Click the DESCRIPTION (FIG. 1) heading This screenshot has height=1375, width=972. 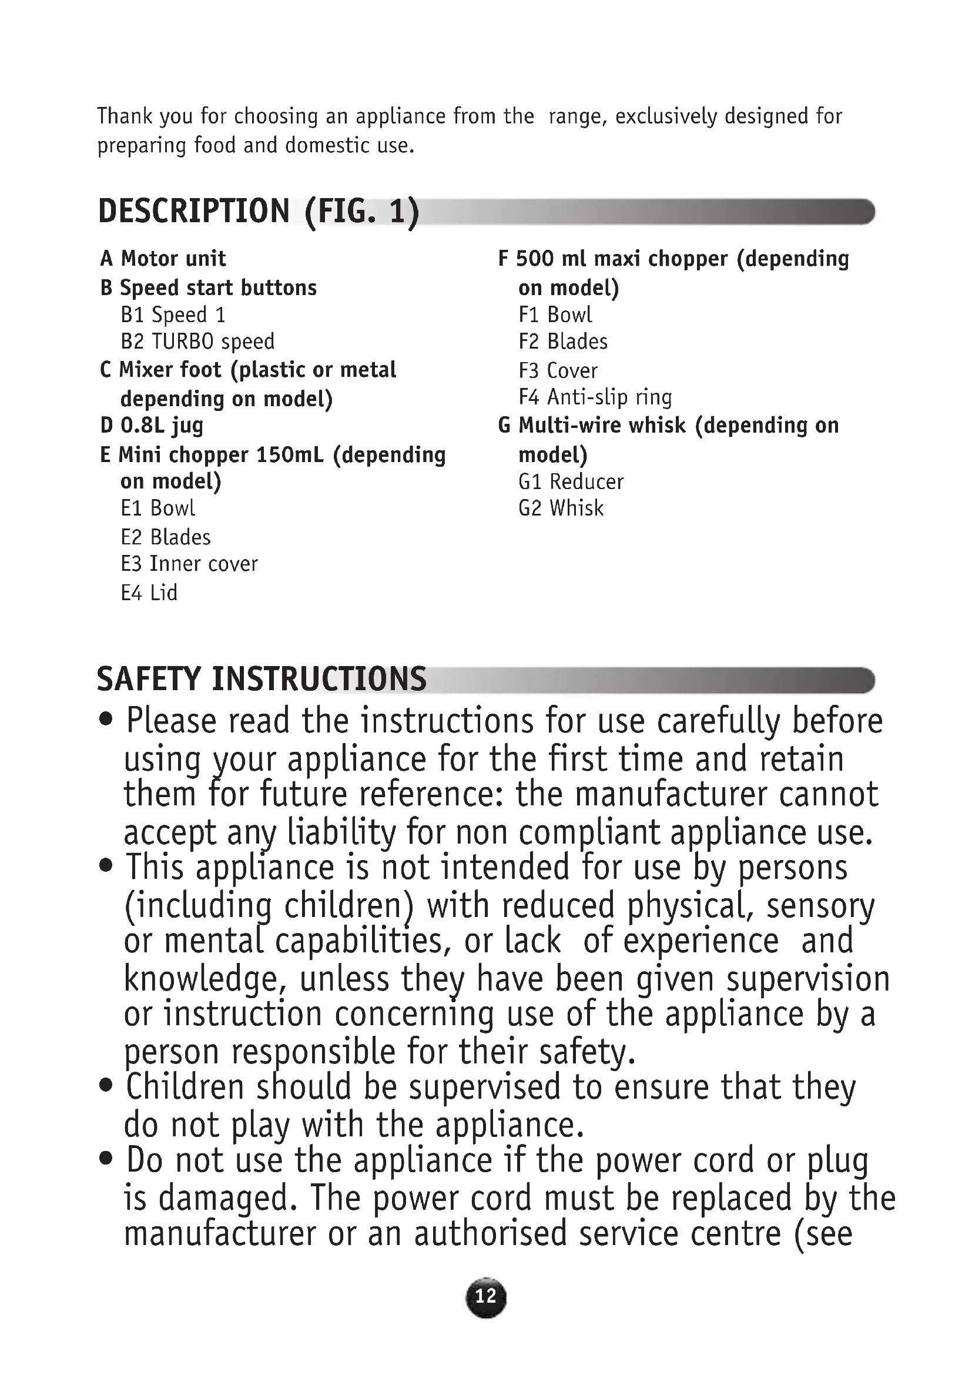pos(259,212)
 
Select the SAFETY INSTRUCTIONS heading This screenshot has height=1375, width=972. pos(262,679)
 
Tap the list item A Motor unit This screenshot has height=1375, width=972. pos(163,259)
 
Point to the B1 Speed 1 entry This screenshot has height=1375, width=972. pos(173,315)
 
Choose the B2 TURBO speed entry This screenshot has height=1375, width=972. pos(197,342)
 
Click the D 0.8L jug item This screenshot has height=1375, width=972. pos(152,425)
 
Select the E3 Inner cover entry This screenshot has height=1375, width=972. pos(189,564)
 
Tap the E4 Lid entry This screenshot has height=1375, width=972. pos(149,593)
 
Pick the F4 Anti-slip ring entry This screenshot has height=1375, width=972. pos(595,397)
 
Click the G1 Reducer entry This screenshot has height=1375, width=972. pos(571,481)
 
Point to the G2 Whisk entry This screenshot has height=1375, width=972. pos(561,508)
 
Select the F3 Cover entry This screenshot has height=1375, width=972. pos(558,371)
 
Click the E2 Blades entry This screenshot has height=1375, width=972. pos(166,537)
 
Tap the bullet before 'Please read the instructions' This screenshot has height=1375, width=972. pos(106,719)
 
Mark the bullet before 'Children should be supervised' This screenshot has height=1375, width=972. pos(106,1085)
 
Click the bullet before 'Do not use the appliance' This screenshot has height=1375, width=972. pos(106,1159)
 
